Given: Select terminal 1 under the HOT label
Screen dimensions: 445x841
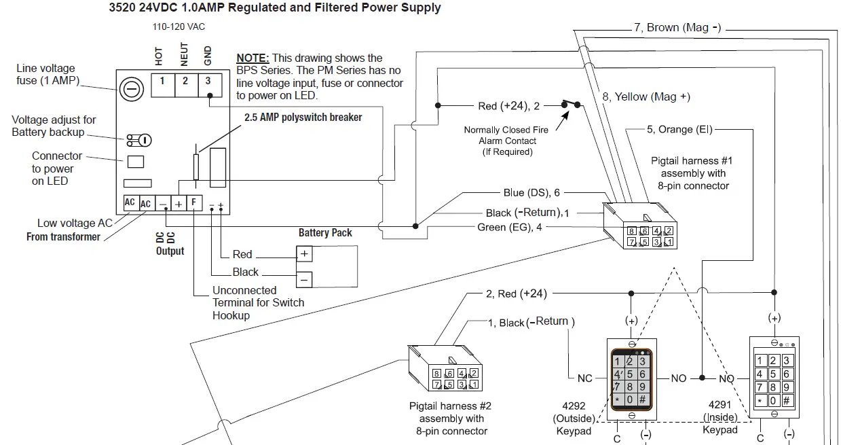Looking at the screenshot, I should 162,81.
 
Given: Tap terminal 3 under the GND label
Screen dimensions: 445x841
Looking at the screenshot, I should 208,81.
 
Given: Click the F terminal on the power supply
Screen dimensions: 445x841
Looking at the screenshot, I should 193,202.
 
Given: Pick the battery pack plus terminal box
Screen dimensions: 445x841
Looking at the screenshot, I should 304,253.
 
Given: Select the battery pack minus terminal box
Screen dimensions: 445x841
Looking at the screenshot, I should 304,279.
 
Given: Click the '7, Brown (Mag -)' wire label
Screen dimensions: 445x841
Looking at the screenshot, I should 677,28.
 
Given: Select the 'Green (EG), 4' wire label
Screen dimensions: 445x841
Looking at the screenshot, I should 510,227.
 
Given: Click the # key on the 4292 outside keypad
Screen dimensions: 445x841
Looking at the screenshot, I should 642,399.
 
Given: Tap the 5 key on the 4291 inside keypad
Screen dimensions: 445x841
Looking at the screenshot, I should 774,374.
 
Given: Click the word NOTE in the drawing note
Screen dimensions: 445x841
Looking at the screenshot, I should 253,58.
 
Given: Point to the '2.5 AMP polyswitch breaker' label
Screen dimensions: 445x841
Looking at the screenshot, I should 303,118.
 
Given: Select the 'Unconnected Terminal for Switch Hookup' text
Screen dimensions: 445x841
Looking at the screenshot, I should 258,303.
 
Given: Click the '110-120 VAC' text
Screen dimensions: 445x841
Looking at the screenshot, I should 179,27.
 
